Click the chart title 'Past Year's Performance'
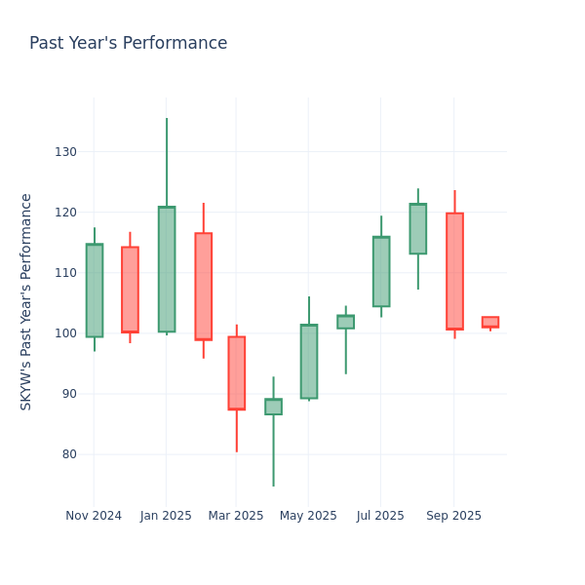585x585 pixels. tap(128, 44)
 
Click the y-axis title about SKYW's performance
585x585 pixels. tap(26, 301)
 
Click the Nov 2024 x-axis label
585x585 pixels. tap(94, 516)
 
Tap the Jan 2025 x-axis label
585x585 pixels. tap(166, 516)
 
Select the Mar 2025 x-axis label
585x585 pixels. tap(236, 516)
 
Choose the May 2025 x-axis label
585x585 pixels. tap(308, 516)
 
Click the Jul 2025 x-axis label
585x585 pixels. tap(380, 516)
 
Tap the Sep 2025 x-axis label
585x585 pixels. tap(453, 516)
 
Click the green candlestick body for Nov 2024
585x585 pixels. tap(94, 291)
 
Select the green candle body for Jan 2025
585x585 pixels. tap(167, 269)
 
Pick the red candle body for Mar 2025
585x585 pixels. tap(236, 372)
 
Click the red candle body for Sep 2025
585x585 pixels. tap(454, 271)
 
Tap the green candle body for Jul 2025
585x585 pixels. tap(381, 271)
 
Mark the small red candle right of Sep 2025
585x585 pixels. tap(490, 322)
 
